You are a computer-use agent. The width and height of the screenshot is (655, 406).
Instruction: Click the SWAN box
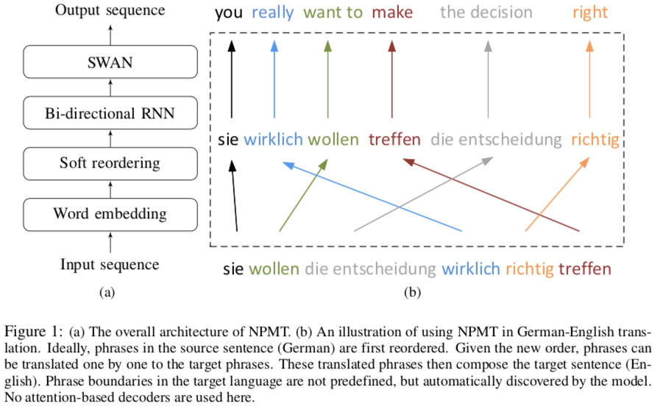110,62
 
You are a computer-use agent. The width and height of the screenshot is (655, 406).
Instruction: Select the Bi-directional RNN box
110,113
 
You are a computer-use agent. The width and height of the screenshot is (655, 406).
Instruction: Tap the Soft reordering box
110,163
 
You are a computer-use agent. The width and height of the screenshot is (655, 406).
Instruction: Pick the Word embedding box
110,215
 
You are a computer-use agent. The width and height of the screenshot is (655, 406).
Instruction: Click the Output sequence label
110,10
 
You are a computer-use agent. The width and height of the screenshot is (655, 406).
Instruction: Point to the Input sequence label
110,265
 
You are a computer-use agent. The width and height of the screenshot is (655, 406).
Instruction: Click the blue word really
273,13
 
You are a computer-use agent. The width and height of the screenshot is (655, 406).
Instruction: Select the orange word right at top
589,13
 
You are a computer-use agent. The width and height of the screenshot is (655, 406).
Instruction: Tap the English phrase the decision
486,12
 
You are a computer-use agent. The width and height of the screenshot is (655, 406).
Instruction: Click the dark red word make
392,12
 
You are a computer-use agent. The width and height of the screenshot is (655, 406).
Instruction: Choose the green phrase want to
333,13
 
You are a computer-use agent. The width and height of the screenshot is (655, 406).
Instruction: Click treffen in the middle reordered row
394,139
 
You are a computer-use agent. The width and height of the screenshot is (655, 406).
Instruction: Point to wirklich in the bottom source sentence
471,268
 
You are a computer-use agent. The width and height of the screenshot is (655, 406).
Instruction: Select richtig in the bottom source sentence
530,269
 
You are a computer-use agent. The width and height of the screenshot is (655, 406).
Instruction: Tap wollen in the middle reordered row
333,139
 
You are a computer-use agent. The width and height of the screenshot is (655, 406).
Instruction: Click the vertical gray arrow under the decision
488,79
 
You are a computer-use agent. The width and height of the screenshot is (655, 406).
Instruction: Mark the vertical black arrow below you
231,79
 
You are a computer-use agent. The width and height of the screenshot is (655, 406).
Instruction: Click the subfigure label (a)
107,293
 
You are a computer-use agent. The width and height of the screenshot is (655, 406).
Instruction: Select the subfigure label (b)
412,293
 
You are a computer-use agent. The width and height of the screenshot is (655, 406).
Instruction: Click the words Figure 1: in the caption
33,332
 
